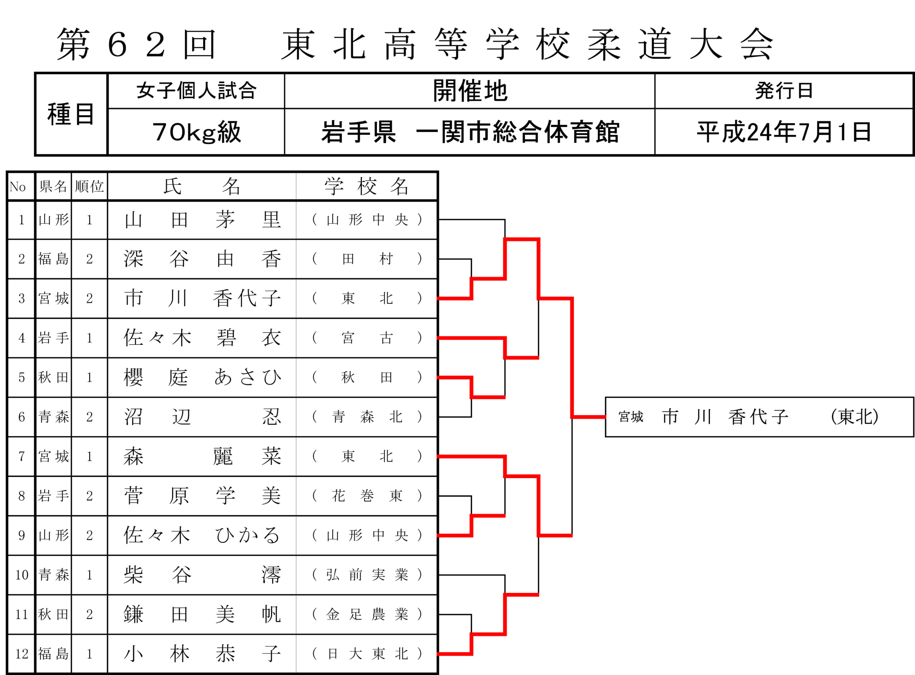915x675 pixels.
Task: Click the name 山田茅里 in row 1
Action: point(202,220)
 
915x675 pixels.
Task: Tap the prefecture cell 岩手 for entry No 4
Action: point(54,338)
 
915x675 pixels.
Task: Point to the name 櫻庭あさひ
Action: point(202,377)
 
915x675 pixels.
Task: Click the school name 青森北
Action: point(367,417)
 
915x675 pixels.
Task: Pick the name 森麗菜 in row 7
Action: point(202,456)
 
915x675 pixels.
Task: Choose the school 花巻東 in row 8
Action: point(367,496)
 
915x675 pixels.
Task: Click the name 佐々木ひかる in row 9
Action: point(202,535)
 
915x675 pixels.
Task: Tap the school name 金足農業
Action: point(367,614)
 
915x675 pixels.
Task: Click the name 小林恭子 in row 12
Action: point(202,654)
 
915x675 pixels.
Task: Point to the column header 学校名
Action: point(367,186)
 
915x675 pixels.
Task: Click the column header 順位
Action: point(89,186)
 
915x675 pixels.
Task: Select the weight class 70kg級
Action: point(197,132)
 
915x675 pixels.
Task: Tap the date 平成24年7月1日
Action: point(784,132)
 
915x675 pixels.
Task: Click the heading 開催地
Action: point(470,91)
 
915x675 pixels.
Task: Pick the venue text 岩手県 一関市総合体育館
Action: point(470,132)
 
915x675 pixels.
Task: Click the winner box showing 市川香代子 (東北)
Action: point(759,417)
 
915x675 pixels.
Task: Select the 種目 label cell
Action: point(71,114)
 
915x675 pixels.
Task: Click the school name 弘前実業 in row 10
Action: point(367,575)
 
